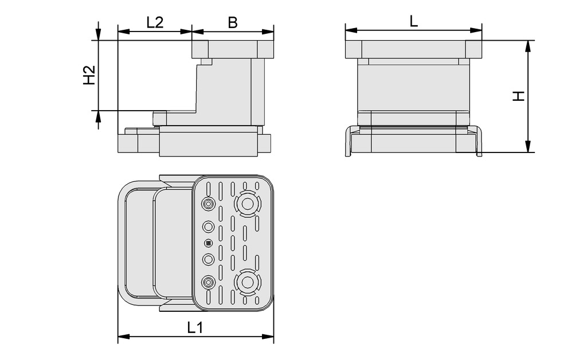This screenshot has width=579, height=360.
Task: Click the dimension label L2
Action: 155,22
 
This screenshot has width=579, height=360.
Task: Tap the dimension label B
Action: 233,22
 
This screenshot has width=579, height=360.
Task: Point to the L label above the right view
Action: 414,21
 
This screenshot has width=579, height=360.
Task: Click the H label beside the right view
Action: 518,96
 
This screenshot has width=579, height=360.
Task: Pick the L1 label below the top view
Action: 195,327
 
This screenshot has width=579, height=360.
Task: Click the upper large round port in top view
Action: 247,204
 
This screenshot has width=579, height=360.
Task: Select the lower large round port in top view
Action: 247,281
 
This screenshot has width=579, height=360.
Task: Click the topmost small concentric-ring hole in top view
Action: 208,204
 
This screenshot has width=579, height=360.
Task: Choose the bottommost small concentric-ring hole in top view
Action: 208,281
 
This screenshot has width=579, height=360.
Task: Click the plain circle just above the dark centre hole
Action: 208,225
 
